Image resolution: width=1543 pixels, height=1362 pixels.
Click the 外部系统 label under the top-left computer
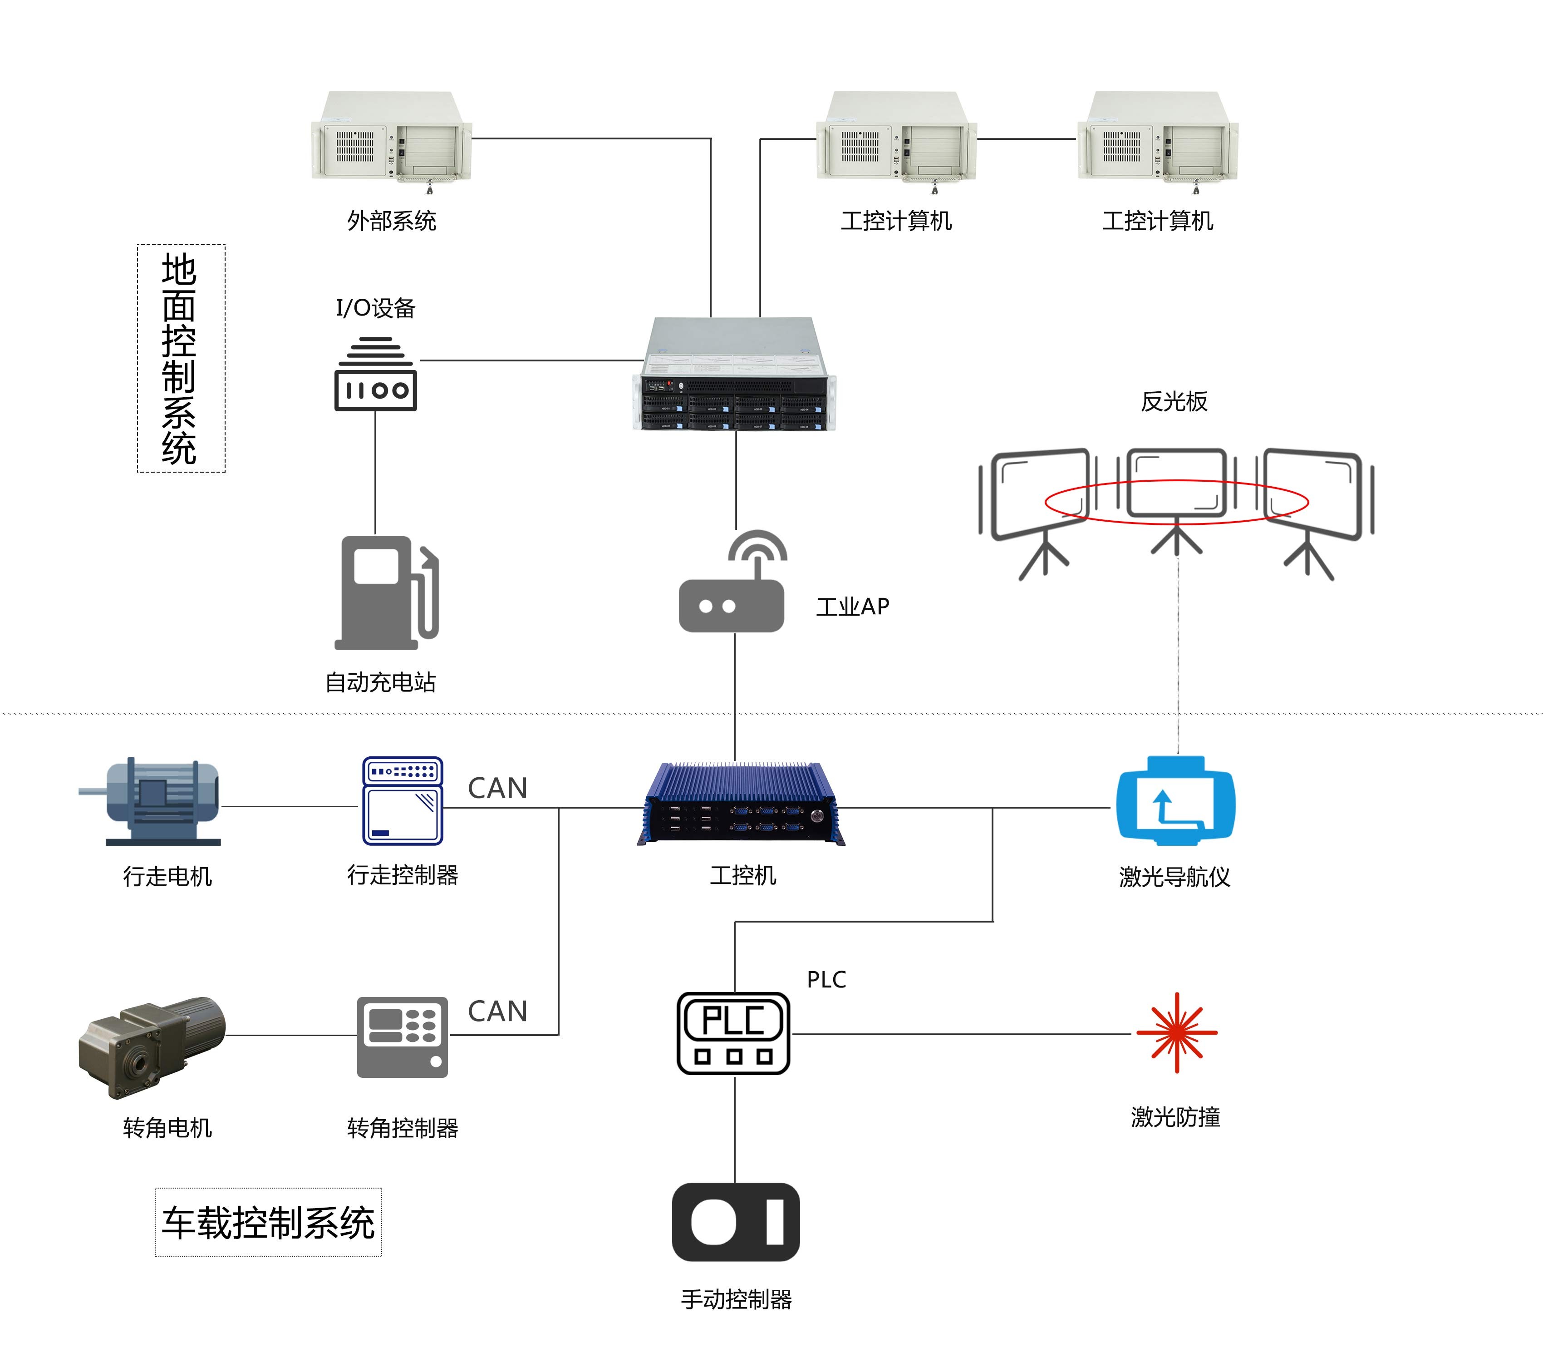tap(391, 221)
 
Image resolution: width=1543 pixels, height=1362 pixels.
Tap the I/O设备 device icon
tap(375, 375)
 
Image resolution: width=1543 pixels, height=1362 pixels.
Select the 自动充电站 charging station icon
tap(387, 592)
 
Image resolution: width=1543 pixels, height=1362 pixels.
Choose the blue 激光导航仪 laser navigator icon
tap(1175, 800)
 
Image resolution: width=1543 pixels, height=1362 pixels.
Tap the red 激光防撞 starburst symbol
tap(1176, 1032)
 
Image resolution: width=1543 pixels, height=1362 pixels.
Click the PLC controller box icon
tap(733, 1033)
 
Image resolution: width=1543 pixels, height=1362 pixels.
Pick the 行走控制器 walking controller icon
tap(403, 801)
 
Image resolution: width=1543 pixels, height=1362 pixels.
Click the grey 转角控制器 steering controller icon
tap(403, 1036)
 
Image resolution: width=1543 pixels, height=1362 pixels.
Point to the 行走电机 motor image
tap(155, 802)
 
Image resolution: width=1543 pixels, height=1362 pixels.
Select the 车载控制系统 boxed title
tap(268, 1222)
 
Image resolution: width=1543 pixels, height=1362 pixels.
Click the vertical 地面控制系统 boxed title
tap(181, 359)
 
